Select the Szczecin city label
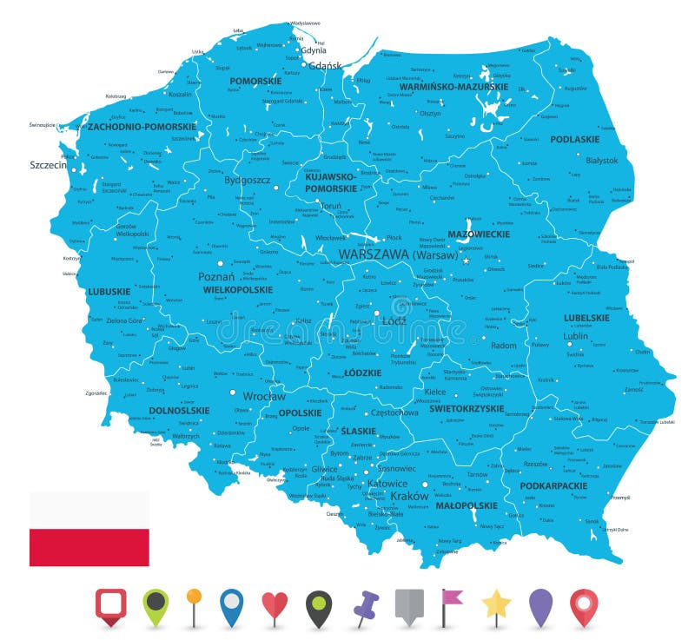coord(49,164)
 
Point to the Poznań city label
coord(216,276)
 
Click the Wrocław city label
coord(263,396)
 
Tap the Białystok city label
coord(601,161)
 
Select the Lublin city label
coord(575,335)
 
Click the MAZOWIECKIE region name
coord(478,234)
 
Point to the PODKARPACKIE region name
coord(553,485)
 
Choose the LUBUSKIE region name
coord(109,292)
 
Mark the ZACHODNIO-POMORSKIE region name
coord(142,126)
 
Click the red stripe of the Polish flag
coord(89,547)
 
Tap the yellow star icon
coord(496,605)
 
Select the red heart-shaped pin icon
coord(275,605)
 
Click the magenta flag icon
coord(452,605)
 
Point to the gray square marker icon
coord(408,605)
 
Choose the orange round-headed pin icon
coord(194,605)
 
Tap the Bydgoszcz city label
coord(248,181)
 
